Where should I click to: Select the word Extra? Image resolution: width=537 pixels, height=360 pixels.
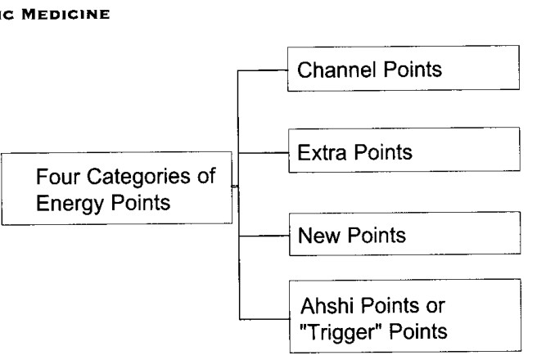(322, 152)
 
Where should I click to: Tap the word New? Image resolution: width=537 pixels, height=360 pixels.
(319, 236)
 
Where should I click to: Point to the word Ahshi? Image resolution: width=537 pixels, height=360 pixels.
(329, 305)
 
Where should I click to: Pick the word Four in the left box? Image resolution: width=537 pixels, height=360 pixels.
(58, 177)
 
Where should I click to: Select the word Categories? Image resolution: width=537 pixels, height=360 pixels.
(138, 178)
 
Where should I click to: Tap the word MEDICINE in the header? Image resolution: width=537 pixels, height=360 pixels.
(65, 15)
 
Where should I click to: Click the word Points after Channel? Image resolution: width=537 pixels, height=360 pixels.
(413, 70)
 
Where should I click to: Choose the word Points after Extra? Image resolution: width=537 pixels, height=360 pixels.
(383, 152)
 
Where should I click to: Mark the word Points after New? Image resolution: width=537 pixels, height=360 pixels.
(377, 236)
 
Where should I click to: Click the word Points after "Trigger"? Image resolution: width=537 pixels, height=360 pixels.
(418, 331)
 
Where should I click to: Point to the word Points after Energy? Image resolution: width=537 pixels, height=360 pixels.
(141, 203)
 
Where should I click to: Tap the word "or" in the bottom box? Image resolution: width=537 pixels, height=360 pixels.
(435, 306)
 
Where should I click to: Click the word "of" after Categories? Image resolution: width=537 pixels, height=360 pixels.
(206, 176)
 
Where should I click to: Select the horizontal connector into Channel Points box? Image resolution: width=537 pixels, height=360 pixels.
(263, 70)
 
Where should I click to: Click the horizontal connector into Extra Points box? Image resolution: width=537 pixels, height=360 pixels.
(264, 153)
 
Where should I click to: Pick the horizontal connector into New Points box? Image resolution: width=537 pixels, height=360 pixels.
(264, 236)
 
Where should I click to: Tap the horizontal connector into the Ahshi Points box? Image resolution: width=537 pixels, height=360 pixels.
(264, 319)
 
